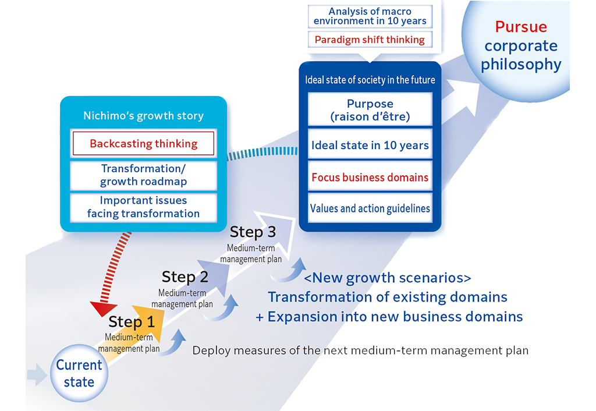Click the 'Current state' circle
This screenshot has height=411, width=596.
[x=79, y=373]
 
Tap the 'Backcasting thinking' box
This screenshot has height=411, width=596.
[x=143, y=143]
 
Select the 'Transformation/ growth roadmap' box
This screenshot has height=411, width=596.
[x=143, y=175]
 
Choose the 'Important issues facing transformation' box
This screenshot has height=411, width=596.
[x=143, y=207]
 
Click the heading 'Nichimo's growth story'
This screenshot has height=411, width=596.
[x=143, y=115]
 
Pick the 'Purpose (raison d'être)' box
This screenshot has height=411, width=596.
[x=370, y=109]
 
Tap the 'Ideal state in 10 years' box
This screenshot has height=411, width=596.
[x=370, y=146]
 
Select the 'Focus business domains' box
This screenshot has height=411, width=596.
[x=370, y=177]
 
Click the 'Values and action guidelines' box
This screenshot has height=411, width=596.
[x=370, y=208]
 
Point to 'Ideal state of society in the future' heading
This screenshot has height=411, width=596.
[x=370, y=80]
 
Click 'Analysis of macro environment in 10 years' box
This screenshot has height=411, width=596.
[x=370, y=16]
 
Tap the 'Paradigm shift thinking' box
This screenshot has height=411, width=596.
[x=370, y=40]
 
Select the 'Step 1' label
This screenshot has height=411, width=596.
[x=132, y=322]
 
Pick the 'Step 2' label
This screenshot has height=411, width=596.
[x=185, y=277]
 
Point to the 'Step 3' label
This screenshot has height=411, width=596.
[x=253, y=232]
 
